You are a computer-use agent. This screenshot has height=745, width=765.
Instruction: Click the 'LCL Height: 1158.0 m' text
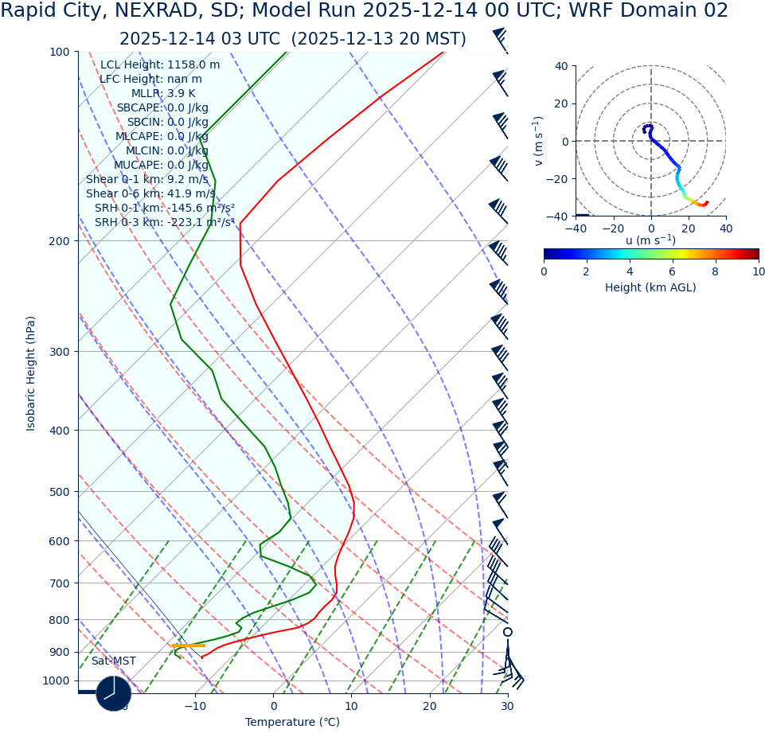(160, 65)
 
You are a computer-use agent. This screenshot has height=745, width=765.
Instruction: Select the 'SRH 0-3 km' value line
(165, 223)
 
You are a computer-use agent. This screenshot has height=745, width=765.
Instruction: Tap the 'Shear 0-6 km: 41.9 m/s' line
(150, 194)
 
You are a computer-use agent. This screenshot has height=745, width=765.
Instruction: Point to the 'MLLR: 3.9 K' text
(163, 94)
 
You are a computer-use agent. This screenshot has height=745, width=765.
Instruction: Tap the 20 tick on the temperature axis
(430, 706)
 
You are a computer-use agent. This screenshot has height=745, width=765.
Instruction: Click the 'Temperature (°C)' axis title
(292, 723)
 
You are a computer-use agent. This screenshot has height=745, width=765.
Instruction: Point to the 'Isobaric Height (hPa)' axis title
(31, 373)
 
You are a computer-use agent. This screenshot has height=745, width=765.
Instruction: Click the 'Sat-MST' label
(113, 661)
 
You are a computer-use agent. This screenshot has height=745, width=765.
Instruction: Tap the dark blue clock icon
(114, 693)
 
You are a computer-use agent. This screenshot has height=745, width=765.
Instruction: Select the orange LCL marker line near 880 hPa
(189, 646)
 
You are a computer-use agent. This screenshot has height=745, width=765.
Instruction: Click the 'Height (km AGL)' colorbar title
(650, 288)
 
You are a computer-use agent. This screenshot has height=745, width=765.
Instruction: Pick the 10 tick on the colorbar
(758, 271)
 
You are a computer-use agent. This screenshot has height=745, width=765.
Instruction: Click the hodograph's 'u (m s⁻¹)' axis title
(650, 240)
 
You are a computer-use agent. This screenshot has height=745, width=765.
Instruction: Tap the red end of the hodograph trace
(705, 203)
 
